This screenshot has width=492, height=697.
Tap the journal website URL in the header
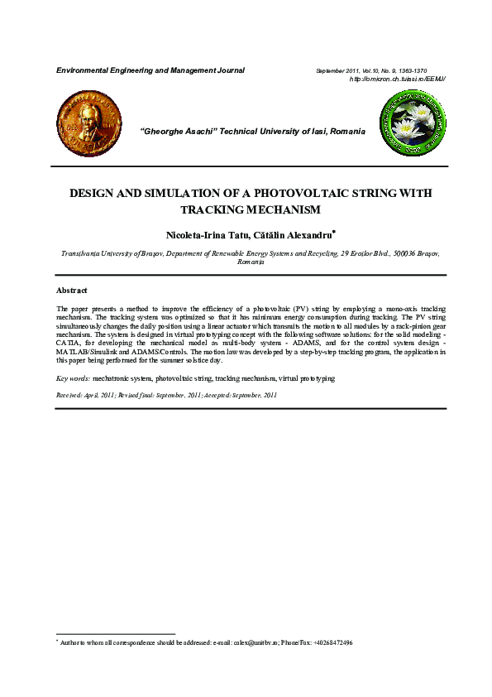tap(398, 79)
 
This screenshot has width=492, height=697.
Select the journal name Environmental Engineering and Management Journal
tap(150, 70)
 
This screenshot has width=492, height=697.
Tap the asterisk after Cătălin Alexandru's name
tap(333, 233)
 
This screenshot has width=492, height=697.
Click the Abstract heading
tap(71, 291)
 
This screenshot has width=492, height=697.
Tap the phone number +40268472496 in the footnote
tap(332, 642)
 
